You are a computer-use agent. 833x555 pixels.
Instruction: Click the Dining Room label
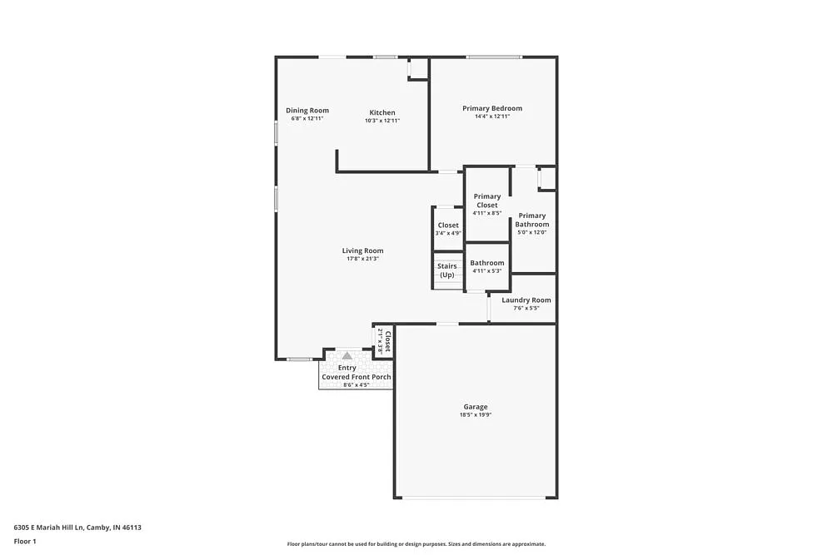[x=307, y=111]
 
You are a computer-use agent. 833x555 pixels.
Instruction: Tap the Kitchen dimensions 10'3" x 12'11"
[x=382, y=121]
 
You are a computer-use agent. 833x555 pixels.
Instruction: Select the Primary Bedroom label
[x=492, y=108]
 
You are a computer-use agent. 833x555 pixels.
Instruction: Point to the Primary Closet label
[x=487, y=201]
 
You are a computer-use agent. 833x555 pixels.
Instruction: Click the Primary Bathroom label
[x=531, y=220]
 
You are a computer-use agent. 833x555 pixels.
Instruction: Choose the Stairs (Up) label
[x=447, y=270]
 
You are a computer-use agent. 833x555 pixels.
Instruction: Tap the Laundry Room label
[x=526, y=300]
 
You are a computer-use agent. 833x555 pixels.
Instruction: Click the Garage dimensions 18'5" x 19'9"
[x=476, y=414]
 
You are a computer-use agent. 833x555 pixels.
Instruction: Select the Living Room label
[x=362, y=250]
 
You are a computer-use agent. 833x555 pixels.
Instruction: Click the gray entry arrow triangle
[x=347, y=355]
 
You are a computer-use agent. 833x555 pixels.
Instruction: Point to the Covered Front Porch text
[x=357, y=377]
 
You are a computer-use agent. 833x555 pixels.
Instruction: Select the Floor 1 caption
[x=25, y=541]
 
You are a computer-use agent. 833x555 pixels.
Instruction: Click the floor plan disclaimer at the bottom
[x=416, y=543]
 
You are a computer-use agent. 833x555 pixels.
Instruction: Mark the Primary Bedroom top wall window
[x=494, y=57]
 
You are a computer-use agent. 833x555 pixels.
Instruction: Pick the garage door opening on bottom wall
[x=476, y=498]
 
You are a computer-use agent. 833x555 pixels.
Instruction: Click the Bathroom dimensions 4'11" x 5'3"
[x=487, y=270]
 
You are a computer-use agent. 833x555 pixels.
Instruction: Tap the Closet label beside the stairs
[x=448, y=225]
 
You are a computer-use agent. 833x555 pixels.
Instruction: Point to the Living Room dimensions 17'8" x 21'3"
[x=362, y=259]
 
